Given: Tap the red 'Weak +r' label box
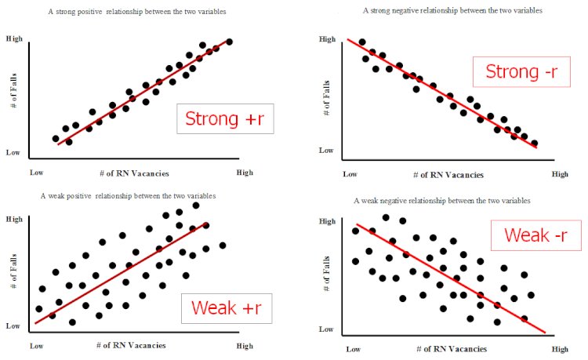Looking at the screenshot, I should point(226,307).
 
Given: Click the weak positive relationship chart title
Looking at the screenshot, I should point(127,195).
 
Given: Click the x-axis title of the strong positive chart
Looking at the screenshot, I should point(134,172).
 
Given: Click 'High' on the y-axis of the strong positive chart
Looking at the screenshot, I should point(14,38).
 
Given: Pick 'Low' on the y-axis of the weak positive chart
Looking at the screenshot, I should point(13,325).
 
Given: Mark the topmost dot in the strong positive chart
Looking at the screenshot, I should point(229,42).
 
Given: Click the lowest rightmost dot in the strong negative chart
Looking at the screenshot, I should point(535,144).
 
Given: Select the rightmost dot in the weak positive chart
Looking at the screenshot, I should point(223,245).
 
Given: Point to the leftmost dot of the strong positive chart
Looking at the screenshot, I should point(55,139).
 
